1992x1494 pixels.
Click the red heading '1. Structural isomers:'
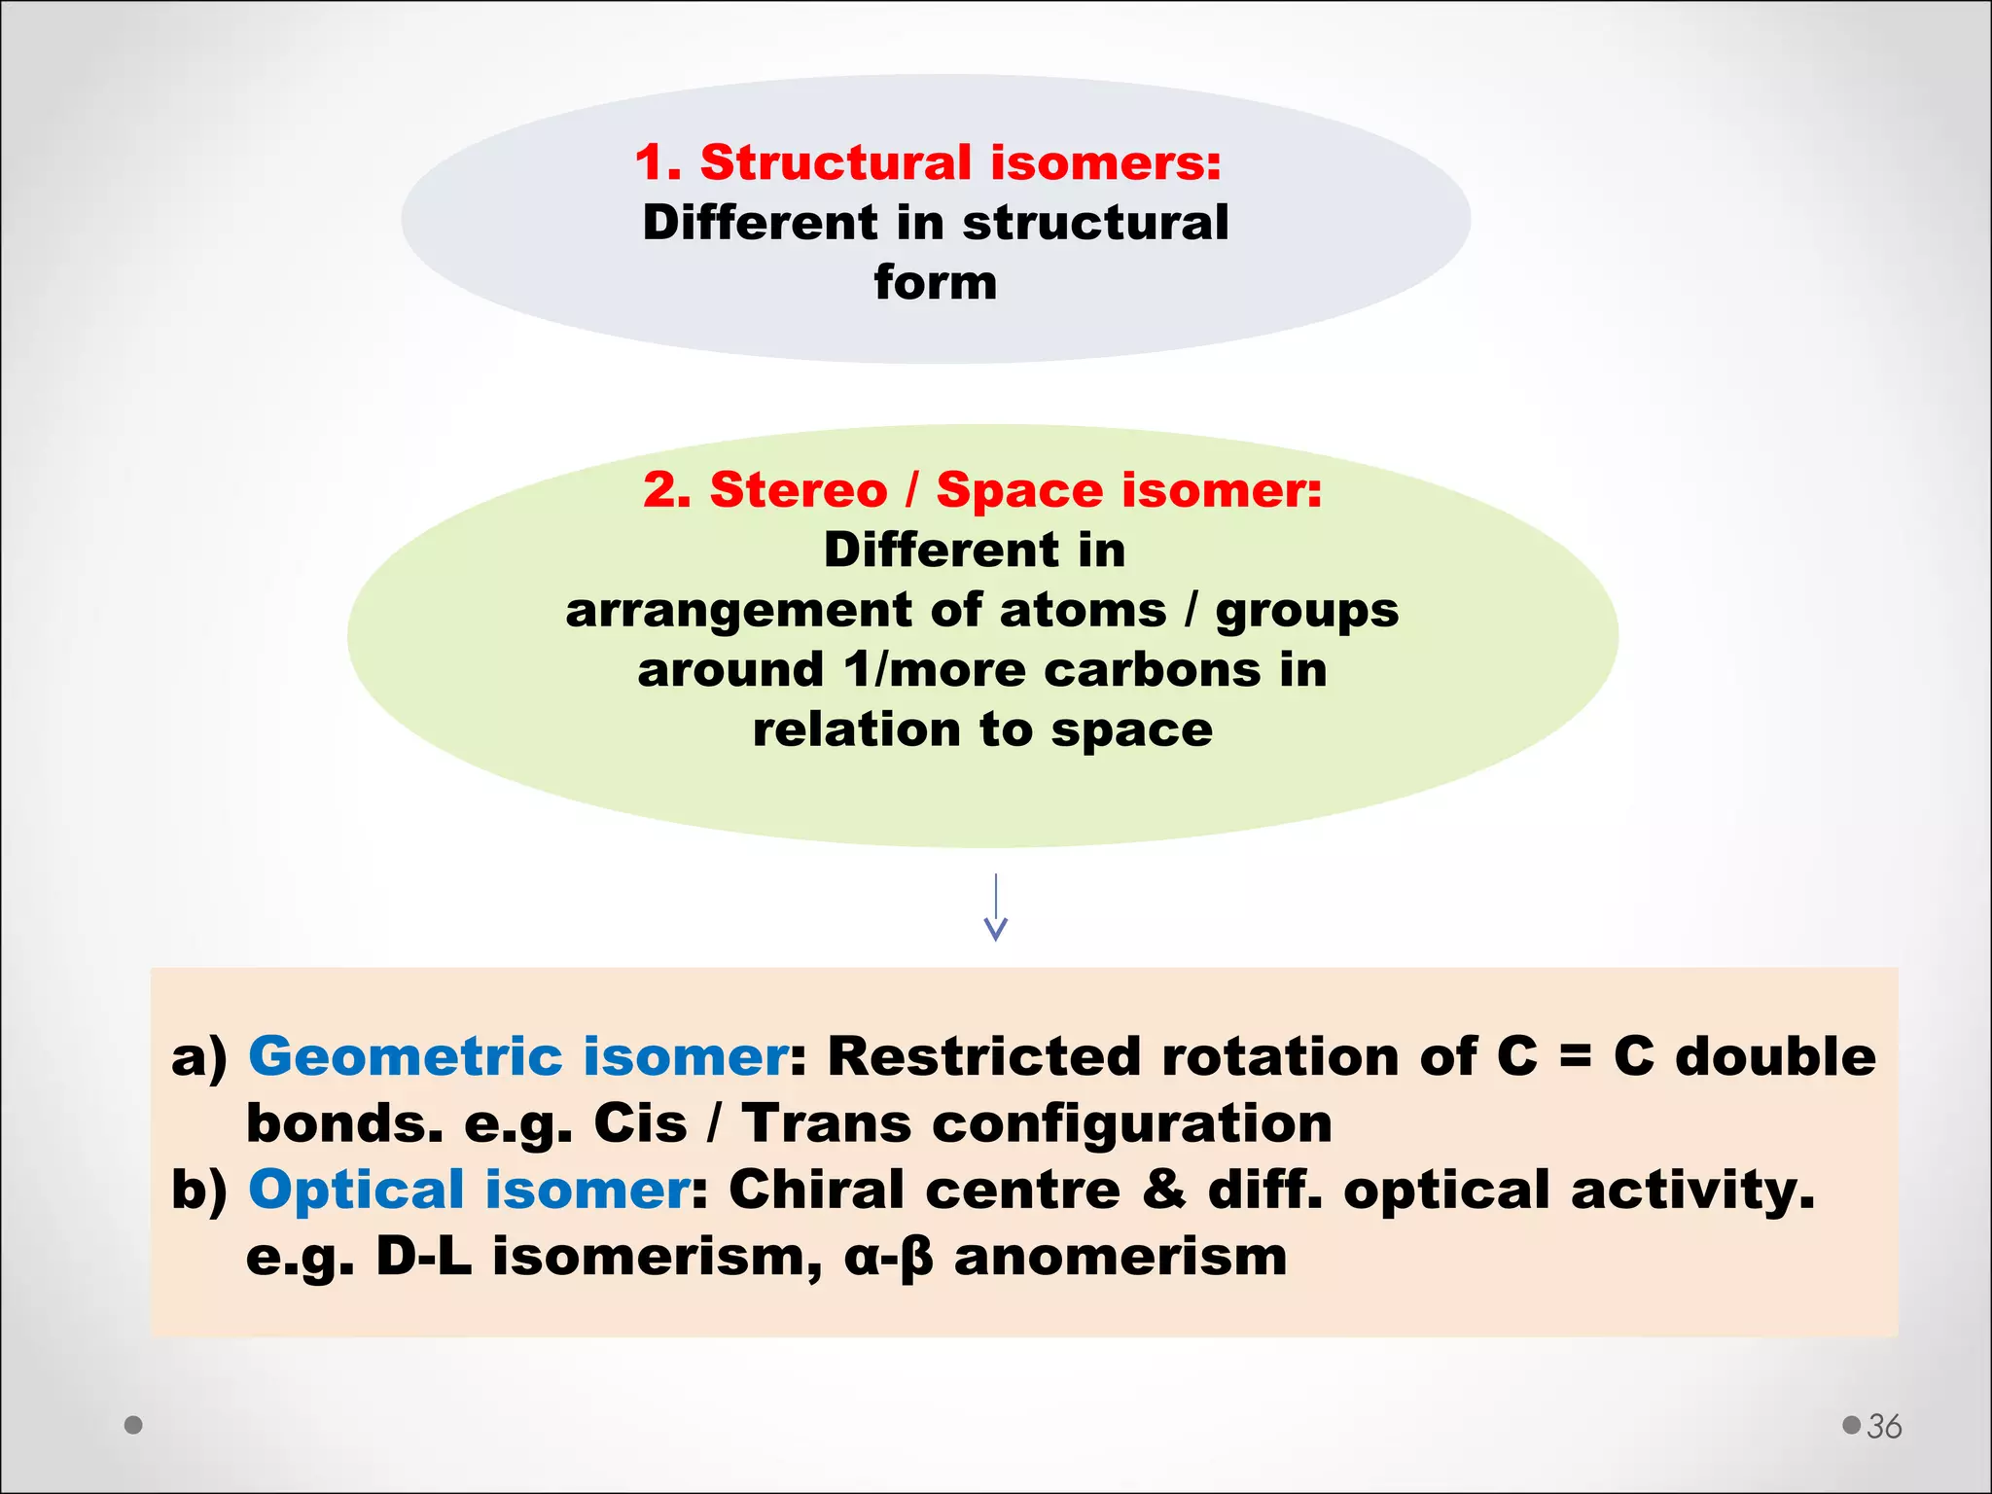point(928,162)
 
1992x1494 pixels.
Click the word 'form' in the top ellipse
point(935,283)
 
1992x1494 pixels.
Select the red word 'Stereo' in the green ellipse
point(799,489)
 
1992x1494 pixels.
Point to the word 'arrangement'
point(738,612)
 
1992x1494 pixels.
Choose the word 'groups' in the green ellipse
point(1307,612)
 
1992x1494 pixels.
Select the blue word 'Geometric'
point(405,1056)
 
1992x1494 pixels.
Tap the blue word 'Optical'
point(356,1190)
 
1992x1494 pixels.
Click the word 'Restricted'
point(983,1056)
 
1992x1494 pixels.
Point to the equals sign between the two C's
point(1575,1057)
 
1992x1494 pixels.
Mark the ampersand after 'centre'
point(1163,1190)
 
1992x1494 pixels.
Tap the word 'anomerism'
point(1120,1257)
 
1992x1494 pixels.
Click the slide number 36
point(1884,1426)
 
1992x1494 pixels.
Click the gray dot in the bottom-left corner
point(134,1425)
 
